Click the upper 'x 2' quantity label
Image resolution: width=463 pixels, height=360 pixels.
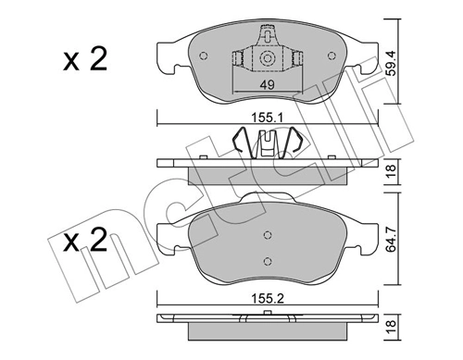pos(85,62)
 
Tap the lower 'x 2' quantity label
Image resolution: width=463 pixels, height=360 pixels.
pos(85,244)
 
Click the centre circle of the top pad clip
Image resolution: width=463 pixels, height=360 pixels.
pos(267,59)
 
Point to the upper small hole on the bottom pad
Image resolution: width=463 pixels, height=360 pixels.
pos(267,234)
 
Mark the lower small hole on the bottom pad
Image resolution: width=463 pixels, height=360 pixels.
pos(267,260)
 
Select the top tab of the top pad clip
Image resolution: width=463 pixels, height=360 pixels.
pos(267,39)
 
